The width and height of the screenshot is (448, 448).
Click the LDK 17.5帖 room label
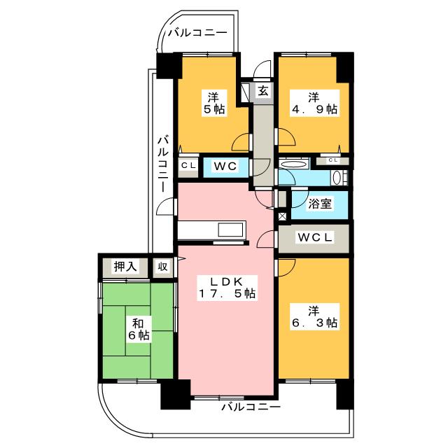[x=227, y=288]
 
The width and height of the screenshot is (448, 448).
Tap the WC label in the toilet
[x=225, y=166]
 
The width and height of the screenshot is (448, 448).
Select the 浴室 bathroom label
[x=320, y=204]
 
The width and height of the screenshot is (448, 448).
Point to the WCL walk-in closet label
[x=315, y=237]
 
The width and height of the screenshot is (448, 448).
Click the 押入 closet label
[x=125, y=266]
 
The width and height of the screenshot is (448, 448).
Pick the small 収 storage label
[x=162, y=267]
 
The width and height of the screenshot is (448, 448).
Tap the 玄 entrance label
[x=263, y=91]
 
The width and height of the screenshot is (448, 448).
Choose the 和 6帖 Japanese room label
[x=139, y=329]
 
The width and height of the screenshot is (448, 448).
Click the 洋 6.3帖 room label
[x=314, y=316]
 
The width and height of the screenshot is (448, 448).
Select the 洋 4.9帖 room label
[x=314, y=103]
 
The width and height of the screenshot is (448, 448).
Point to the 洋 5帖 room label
[x=213, y=103]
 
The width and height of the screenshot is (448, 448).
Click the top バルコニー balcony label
[x=197, y=33]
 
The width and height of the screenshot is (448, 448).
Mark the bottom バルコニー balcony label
[x=251, y=407]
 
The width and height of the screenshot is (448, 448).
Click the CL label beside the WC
[x=188, y=165]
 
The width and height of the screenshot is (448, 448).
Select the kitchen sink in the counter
[x=230, y=230]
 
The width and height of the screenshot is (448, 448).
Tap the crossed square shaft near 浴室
[x=282, y=216]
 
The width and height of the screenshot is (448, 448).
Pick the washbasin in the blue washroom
[x=337, y=178]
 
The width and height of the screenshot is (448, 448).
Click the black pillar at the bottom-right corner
[x=345, y=395]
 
